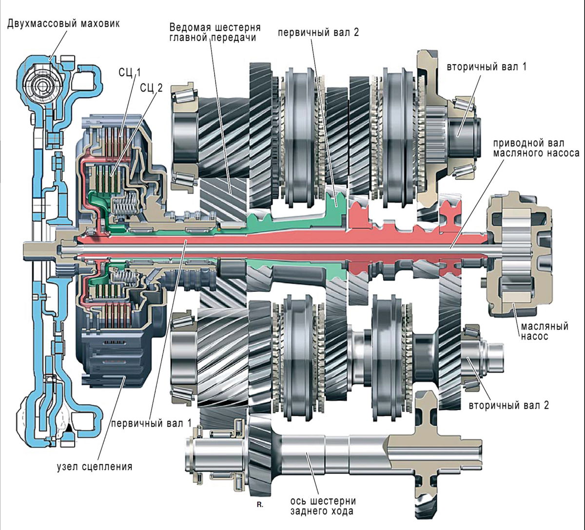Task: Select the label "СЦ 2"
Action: click(x=151, y=88)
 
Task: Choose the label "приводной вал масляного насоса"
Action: click(x=535, y=148)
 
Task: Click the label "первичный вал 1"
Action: click(x=152, y=423)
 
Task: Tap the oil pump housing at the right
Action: click(x=519, y=253)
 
